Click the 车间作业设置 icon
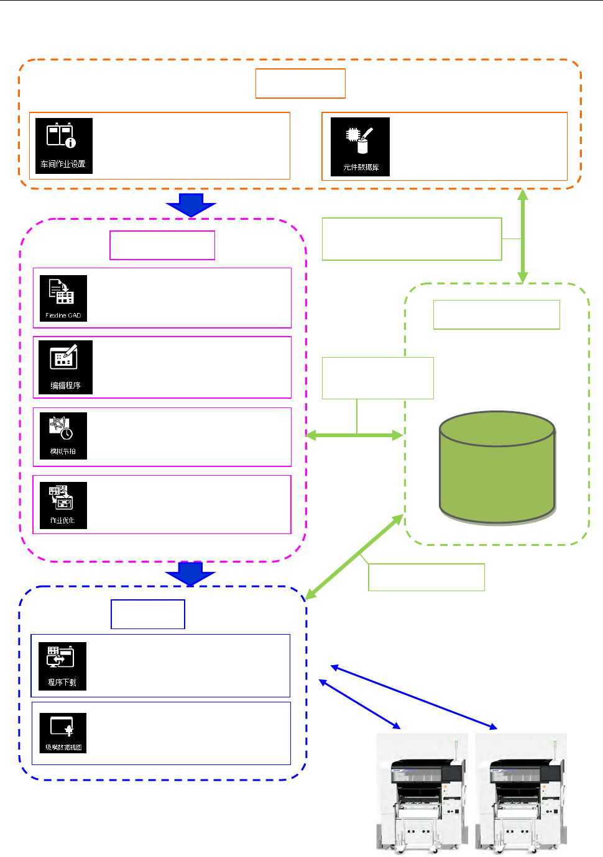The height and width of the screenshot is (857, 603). (63, 146)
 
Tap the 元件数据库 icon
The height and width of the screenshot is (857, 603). (360, 147)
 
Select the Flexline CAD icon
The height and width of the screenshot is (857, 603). (63, 298)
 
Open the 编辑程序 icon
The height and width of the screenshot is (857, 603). (65, 367)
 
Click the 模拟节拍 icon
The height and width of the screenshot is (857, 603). (63, 436)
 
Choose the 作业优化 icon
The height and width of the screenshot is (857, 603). (63, 505)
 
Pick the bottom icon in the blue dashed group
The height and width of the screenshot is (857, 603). (63, 733)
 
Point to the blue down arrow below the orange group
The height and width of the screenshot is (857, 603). (191, 205)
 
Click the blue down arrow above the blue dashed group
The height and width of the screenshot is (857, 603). (190, 573)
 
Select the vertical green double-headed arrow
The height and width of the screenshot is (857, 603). (523, 236)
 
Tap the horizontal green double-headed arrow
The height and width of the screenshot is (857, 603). (355, 435)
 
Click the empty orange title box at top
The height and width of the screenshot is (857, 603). (300, 83)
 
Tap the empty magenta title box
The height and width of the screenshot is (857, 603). (162, 245)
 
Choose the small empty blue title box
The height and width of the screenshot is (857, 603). (148, 614)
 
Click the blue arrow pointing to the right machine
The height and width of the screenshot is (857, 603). (414, 697)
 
